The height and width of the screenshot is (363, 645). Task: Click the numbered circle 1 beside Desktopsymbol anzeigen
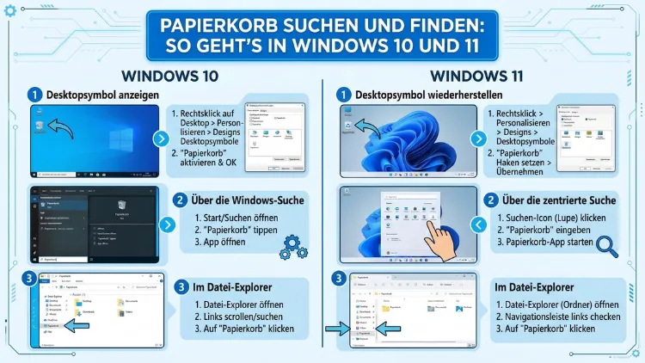coord(34,95)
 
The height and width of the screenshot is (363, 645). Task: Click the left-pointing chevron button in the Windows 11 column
coord(479,225)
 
